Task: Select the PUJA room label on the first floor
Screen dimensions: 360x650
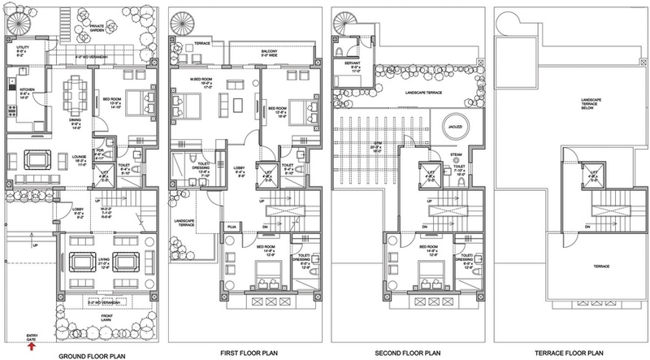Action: tap(232, 228)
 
